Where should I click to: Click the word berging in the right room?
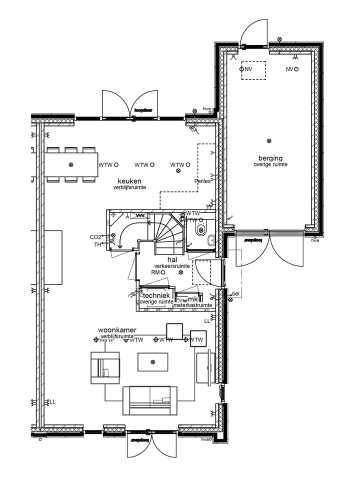pos(270,158)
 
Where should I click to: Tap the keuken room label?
pos(129,181)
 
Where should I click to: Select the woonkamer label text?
pos(117,330)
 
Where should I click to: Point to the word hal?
pos(172,259)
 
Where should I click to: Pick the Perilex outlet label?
pos(202,181)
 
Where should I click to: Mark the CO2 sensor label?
pos(95,237)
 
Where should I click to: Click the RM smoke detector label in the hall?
pos(155,272)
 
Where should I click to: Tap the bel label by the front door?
pos(235,294)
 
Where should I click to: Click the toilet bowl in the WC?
pos(201,229)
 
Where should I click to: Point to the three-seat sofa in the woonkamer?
pos(149,400)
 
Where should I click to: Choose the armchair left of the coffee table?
pos(105,367)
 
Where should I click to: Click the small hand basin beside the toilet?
pos(211,240)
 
